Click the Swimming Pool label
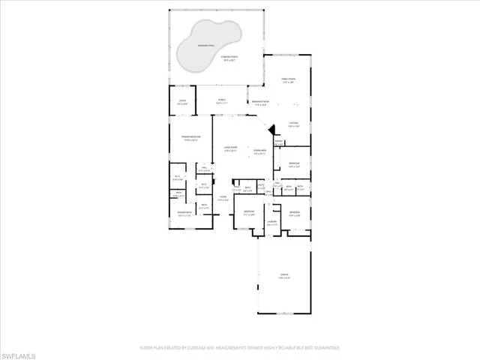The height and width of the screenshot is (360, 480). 202,46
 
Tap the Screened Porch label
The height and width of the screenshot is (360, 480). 228,56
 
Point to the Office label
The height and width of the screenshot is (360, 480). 182,100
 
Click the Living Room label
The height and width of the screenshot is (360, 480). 230,147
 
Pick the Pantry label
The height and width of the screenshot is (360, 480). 278,141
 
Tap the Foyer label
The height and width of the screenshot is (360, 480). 223,197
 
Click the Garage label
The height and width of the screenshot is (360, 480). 284,274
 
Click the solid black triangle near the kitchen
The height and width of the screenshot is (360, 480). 273,128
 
